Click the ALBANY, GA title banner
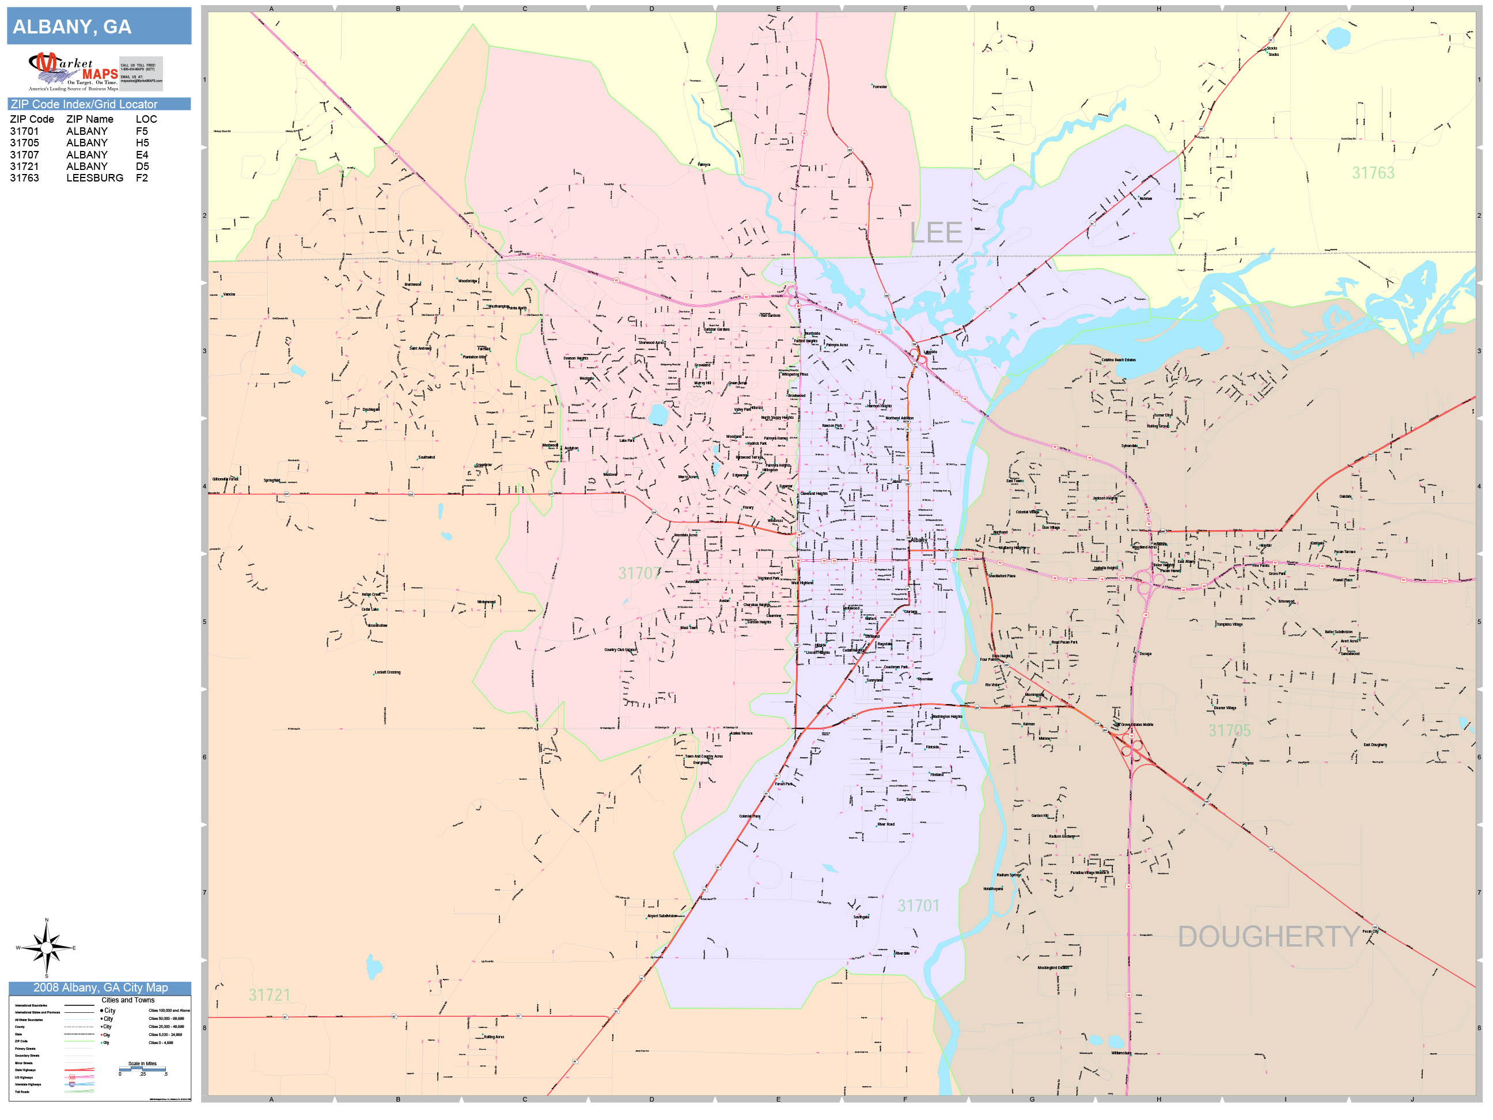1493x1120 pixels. point(98,27)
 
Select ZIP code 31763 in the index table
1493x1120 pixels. point(24,178)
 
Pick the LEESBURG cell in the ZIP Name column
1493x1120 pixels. point(94,178)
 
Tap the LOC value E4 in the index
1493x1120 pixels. point(142,154)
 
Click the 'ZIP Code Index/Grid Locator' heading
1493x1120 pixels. point(84,104)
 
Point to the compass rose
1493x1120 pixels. point(47,948)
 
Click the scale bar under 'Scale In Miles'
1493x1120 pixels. point(142,1069)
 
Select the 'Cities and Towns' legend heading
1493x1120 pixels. point(127,1000)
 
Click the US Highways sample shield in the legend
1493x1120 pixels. point(72,1077)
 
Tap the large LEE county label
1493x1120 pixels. point(935,233)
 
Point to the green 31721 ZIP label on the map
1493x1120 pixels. point(270,995)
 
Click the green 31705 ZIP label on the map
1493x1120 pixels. point(1229,731)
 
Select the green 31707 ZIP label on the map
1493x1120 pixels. point(639,573)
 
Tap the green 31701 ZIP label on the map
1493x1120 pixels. point(918,905)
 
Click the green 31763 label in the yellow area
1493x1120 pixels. point(1373,173)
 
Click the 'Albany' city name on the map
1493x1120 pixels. point(919,540)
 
